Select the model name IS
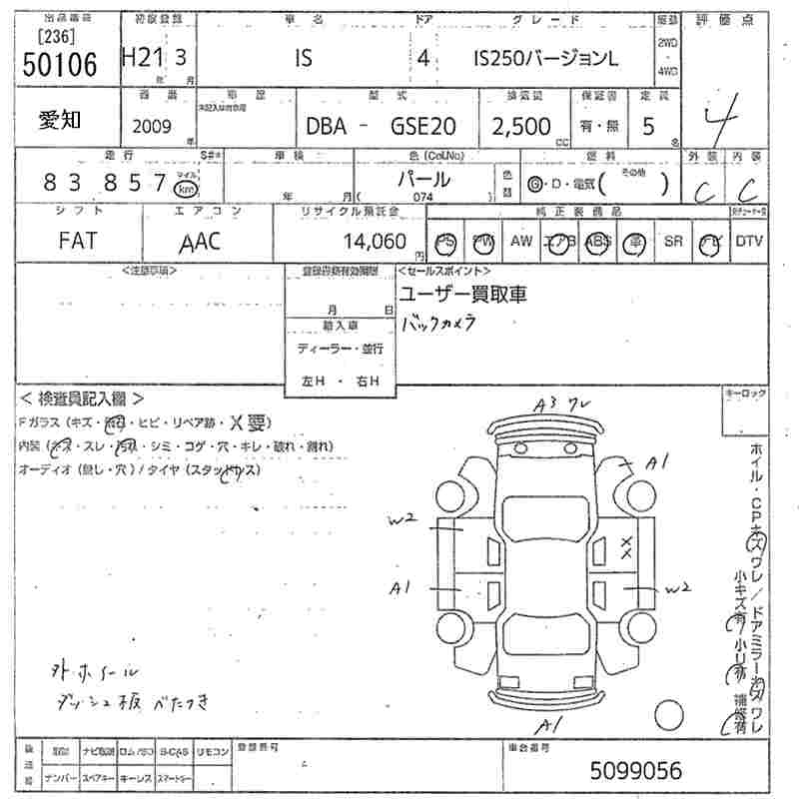coord(303,59)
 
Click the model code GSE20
coord(422,127)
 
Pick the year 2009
coord(151,127)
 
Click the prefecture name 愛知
coord(60,121)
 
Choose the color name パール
coord(424,181)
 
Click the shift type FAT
coord(78,242)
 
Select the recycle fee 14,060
coord(375,242)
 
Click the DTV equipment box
coord(749,242)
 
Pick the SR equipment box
coord(673,242)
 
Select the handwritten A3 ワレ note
coord(564,403)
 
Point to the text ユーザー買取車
coord(462,294)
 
